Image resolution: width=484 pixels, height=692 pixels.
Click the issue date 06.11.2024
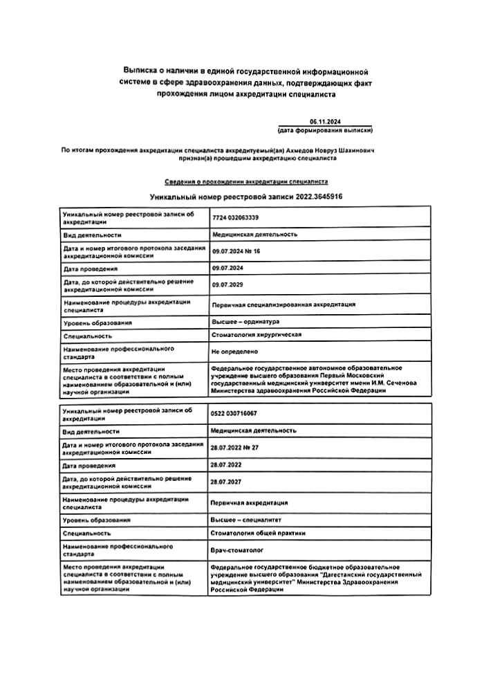pyautogui.click(x=326, y=122)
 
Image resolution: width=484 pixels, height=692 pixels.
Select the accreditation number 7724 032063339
pyautogui.click(x=235, y=218)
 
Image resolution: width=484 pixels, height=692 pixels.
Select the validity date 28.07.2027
pyautogui.click(x=226, y=481)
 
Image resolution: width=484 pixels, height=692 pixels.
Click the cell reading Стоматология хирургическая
pyautogui.click(x=256, y=335)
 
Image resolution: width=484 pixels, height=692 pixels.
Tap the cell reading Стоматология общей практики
pyautogui.click(x=257, y=533)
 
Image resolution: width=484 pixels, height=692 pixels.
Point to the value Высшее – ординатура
pyautogui.click(x=245, y=322)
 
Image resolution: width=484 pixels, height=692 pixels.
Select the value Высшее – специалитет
pyautogui.click(x=245, y=520)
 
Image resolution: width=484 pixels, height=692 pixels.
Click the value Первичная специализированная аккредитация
pyautogui.click(x=283, y=304)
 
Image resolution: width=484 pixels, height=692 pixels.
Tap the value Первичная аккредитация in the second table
pyautogui.click(x=249, y=502)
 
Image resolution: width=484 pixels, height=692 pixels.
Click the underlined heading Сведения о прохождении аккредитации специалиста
pyautogui.click(x=246, y=182)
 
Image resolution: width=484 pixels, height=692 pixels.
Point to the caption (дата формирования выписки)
pyautogui.click(x=326, y=129)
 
